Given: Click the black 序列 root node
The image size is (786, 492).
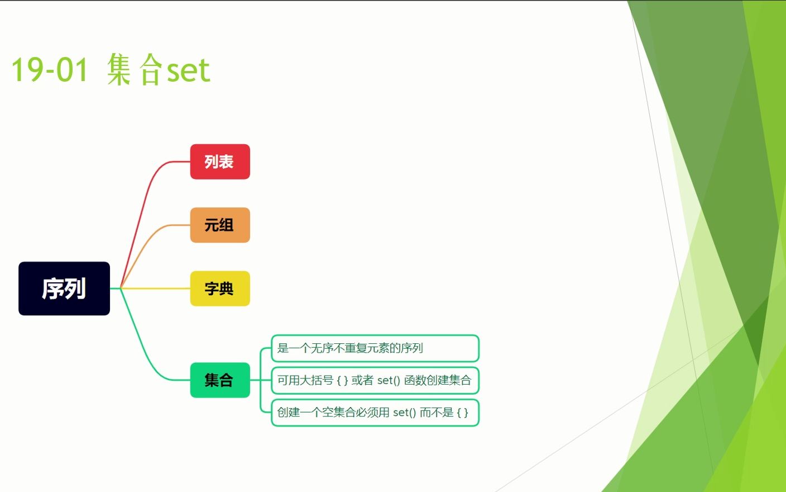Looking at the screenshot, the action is pos(64,288).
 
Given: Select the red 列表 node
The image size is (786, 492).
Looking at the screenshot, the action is pos(220,162).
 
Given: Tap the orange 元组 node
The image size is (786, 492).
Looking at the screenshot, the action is pos(220,225).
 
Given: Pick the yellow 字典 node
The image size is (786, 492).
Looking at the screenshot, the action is pos(220,288).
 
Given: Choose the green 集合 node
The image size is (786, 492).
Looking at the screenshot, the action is pos(220,380).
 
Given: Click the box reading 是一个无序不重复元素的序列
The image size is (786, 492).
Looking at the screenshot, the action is pos(375,348).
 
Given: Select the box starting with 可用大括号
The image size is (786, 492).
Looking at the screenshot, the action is pos(375,380).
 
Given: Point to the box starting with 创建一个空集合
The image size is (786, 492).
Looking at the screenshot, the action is pos(375,413).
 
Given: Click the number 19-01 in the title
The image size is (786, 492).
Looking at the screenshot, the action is pos(50,69).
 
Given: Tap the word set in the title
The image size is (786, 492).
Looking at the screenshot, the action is pos(189,70).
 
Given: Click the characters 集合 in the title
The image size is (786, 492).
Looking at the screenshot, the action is pos(135,69).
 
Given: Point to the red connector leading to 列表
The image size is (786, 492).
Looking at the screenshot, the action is pos(142,207).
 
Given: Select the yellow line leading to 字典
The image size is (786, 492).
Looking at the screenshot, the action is pos(155,288).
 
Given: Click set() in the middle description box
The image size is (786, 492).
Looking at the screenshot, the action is pos(389,380).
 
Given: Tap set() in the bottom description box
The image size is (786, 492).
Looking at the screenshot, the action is pos(404,413).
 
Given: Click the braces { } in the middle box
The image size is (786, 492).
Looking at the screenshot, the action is pos(342,380).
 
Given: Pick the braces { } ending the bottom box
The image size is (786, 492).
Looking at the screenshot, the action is pos(462,413).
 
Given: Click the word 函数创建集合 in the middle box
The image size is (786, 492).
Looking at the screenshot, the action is pos(438,380).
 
